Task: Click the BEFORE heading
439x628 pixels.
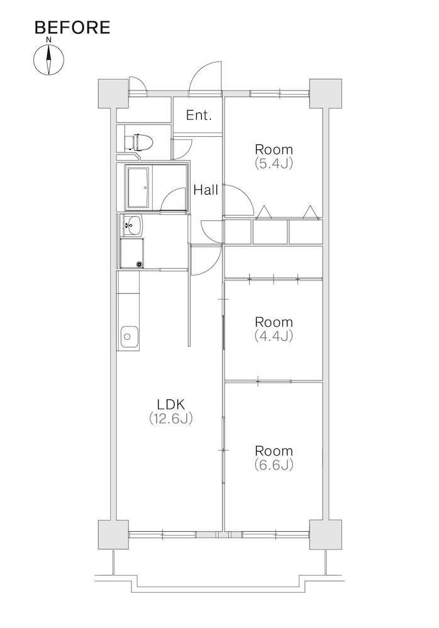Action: click(72, 27)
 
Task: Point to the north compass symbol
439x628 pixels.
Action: click(48, 60)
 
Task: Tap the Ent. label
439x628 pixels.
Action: click(199, 116)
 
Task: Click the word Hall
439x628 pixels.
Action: click(206, 190)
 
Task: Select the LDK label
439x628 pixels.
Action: click(171, 404)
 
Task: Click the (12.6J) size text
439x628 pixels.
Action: click(171, 418)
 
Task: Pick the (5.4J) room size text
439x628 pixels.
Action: click(274, 163)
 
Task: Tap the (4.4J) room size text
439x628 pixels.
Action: click(274, 335)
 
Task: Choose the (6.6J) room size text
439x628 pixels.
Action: click(274, 465)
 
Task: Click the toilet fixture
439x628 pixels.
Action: click(138, 142)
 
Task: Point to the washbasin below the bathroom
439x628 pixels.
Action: click(131, 225)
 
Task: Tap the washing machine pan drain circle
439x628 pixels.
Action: click(139, 264)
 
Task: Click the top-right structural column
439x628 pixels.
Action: click(325, 94)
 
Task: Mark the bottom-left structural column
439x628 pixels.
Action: click(114, 534)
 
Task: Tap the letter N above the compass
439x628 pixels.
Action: click(48, 40)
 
